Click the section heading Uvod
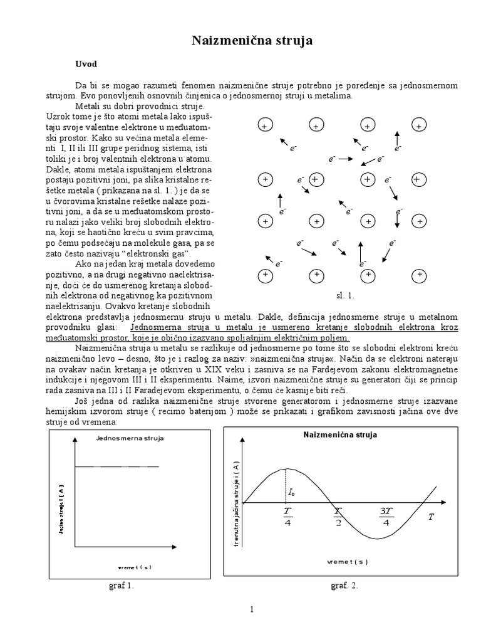tap(86, 64)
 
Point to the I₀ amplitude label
tap(292, 493)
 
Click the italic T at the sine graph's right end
tap(431, 517)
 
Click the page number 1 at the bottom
tap(251, 610)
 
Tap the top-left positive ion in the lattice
tap(264, 127)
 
